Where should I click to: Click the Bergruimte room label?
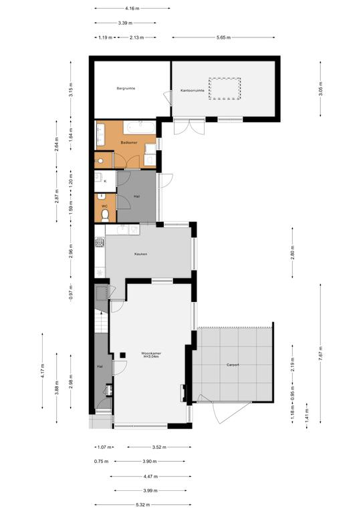point(126,88)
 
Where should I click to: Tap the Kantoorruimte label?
point(193,90)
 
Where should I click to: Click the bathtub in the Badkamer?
point(140,128)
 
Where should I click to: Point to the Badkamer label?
point(129,143)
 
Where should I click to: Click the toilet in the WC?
point(105,216)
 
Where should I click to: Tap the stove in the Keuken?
point(100,242)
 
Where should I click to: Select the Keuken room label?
point(141,254)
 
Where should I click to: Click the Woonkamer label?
point(151,353)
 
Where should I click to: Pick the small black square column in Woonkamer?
point(123,355)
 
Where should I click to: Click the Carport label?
point(233,365)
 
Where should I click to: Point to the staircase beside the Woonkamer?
point(101,322)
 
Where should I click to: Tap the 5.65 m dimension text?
point(223,37)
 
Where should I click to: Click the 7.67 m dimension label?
point(321,353)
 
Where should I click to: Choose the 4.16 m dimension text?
point(132,9)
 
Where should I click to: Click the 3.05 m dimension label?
point(321,89)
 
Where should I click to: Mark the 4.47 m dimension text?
point(150,476)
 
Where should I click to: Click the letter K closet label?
point(105,181)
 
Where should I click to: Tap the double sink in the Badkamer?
point(100,134)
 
